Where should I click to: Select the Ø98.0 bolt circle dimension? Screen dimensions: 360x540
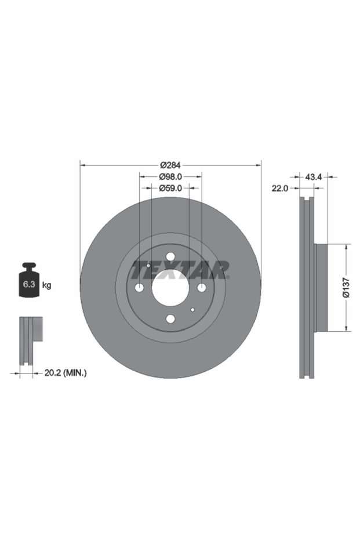coord(170,177)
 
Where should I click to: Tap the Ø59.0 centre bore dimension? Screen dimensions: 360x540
coord(170,188)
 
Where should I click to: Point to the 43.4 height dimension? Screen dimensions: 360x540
coord(314,177)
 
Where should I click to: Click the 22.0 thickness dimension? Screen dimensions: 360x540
coord(279,189)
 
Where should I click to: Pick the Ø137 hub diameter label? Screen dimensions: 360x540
coord(346,288)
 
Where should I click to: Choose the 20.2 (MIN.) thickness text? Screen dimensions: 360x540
coord(66,372)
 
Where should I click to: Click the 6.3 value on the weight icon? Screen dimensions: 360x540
coord(29,284)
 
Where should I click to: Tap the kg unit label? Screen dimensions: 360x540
coord(46,285)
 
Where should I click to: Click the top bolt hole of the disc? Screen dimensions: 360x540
coord(170,256)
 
